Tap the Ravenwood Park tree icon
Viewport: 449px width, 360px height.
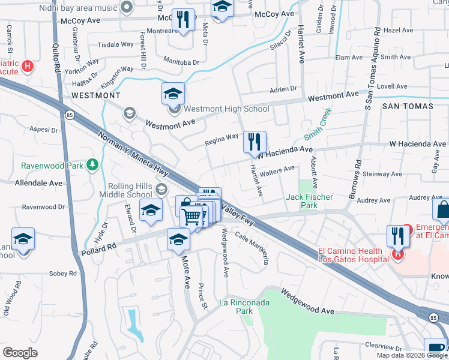(x=92, y=164)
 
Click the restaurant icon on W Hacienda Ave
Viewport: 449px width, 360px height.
(x=255, y=142)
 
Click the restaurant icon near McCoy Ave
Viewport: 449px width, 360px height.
(x=183, y=20)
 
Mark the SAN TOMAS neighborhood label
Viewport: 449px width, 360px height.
(x=408, y=106)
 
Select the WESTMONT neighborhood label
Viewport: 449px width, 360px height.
(x=96, y=95)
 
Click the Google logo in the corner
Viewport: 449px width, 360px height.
(x=20, y=353)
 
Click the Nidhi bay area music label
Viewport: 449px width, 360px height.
(x=77, y=8)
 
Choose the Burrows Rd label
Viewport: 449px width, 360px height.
(x=357, y=178)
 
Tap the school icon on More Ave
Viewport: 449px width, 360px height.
(x=178, y=239)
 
